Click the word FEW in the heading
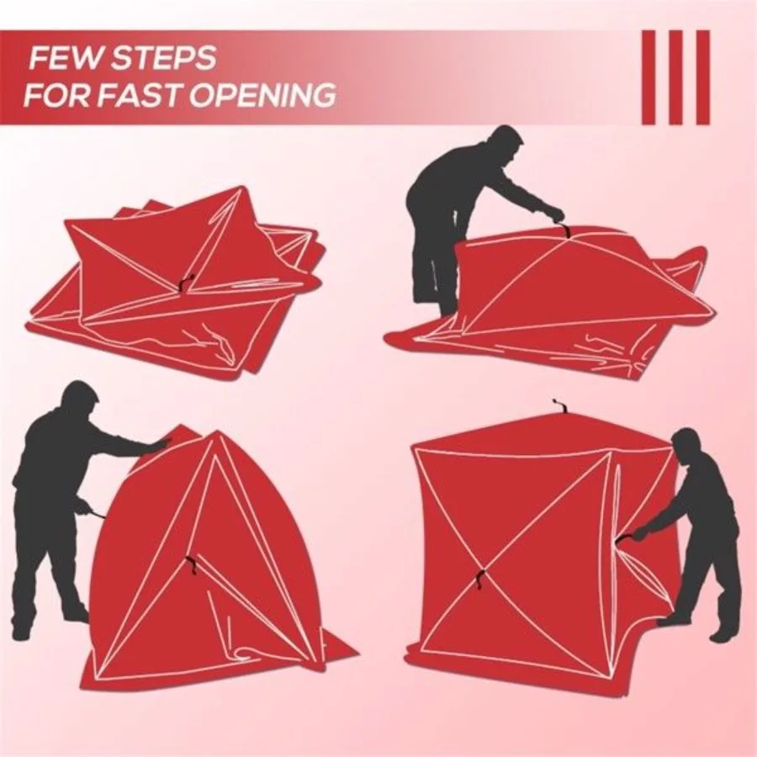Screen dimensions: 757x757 64,60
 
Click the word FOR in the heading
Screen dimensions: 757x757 53,95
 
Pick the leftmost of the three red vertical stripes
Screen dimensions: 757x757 648,77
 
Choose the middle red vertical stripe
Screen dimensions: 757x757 675,77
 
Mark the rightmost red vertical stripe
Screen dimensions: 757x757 702,77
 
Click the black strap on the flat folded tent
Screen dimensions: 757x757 184,284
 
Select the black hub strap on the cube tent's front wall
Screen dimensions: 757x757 479,578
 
